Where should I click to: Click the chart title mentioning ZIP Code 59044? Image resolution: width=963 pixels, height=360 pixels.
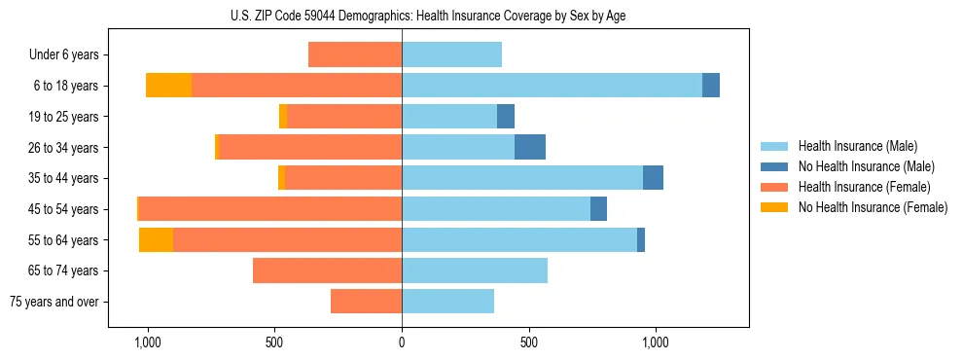point(428,16)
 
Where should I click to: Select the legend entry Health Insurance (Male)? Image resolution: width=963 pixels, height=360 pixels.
point(857,146)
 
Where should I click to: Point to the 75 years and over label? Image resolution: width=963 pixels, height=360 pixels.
point(54,302)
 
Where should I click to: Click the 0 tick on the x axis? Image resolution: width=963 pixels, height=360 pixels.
point(402,342)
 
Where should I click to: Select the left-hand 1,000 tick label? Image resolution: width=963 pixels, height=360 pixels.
point(147,342)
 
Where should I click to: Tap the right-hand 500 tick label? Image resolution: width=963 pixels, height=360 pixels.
point(528,342)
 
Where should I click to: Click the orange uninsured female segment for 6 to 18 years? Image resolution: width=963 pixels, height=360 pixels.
point(168,86)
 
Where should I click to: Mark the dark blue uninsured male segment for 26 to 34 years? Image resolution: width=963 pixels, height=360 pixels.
point(530,147)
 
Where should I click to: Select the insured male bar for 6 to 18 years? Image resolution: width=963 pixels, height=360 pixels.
point(552,86)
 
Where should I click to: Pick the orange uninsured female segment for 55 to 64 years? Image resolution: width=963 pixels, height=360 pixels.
point(156,239)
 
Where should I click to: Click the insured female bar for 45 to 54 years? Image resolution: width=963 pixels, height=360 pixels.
point(270,208)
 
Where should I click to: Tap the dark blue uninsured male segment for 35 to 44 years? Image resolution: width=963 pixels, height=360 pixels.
point(653,178)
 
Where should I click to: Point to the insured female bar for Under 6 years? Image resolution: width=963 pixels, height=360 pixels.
point(355,54)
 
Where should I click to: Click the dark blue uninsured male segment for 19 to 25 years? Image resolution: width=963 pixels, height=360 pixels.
point(506,117)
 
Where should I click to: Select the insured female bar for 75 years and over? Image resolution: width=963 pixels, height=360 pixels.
point(366,302)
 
